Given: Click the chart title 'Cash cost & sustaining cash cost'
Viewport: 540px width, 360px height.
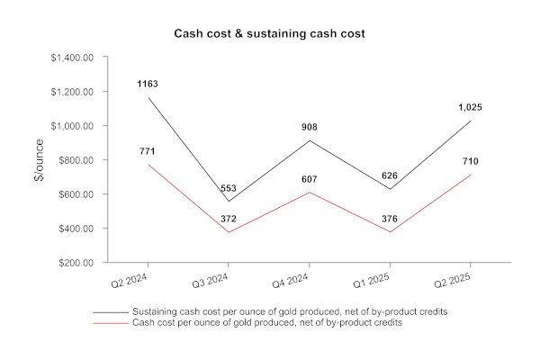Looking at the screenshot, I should click(x=270, y=33).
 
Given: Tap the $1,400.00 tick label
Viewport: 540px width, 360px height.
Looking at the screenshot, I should click(x=72, y=58).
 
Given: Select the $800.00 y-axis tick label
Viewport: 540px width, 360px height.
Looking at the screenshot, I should click(x=76, y=160).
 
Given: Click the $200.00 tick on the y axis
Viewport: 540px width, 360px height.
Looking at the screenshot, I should click(x=76, y=263).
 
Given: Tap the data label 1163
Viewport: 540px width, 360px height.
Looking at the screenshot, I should click(x=148, y=84).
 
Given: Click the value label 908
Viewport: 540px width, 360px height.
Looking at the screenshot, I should click(x=310, y=127).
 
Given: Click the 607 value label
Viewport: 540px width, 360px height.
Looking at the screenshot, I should click(x=310, y=179).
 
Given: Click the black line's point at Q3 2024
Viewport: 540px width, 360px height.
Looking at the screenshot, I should click(x=229, y=202).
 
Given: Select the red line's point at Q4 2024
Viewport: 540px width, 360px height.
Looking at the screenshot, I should click(x=310, y=193).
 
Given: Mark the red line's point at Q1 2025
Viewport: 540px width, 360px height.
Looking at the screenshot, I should click(x=391, y=232).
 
